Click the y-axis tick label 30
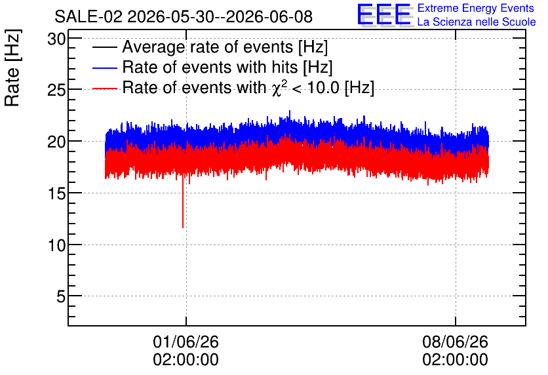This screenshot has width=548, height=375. tap(56, 39)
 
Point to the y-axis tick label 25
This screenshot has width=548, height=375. tap(56, 90)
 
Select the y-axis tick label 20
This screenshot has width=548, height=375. tap(56, 142)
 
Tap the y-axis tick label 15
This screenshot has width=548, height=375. tap(56, 193)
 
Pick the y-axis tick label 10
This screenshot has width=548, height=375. tap(56, 245)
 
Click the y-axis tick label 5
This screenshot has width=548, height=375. tap(61, 297)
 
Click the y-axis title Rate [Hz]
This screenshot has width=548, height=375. tap(12, 68)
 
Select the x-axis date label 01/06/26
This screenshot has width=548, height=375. tap(186, 342)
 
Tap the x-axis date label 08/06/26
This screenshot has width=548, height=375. tap(455, 342)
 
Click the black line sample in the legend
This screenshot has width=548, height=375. tap(104, 47)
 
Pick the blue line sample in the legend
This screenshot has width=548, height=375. tap(104, 68)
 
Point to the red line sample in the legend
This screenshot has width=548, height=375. tap(104, 89)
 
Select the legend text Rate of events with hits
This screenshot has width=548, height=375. tap(210, 67)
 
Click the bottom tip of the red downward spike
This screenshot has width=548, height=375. tap(183, 227)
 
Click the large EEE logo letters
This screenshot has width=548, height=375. tap(385, 14)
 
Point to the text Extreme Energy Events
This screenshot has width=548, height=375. tap(476, 8)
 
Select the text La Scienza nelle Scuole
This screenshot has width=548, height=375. tap(477, 22)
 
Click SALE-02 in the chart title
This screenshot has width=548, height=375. tap(88, 17)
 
